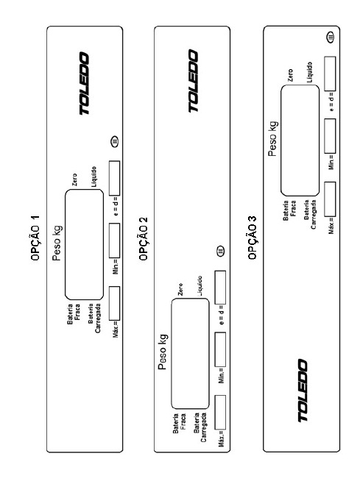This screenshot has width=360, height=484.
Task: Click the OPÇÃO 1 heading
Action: (x=35, y=238)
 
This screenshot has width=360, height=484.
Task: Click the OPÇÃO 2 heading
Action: (x=144, y=238)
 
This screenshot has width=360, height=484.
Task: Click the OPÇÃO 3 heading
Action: (x=253, y=238)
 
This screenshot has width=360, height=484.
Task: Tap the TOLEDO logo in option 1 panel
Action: (x=84, y=84)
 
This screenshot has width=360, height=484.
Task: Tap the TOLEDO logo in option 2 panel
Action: (x=193, y=81)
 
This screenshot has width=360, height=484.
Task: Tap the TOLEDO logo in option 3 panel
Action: (x=303, y=391)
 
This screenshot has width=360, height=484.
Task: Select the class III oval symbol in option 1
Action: (x=115, y=142)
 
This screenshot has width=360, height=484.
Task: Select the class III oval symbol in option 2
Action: (x=221, y=250)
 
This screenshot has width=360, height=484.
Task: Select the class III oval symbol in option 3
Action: (x=331, y=37)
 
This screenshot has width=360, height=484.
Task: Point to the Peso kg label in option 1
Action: (x=57, y=243)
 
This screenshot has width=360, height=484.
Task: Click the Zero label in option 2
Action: (x=180, y=289)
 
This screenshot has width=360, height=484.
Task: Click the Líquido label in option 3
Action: (x=310, y=72)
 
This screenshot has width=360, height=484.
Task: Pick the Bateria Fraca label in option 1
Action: (x=74, y=314)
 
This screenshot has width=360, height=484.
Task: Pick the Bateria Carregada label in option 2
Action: (x=200, y=427)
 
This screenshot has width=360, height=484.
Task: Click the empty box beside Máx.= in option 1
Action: (x=114, y=304)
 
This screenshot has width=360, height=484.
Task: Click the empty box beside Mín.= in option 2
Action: (x=220, y=349)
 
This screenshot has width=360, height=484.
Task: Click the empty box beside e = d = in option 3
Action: (x=330, y=74)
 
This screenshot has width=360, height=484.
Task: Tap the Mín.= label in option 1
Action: (x=116, y=267)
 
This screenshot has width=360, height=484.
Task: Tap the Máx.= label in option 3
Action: (x=331, y=226)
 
